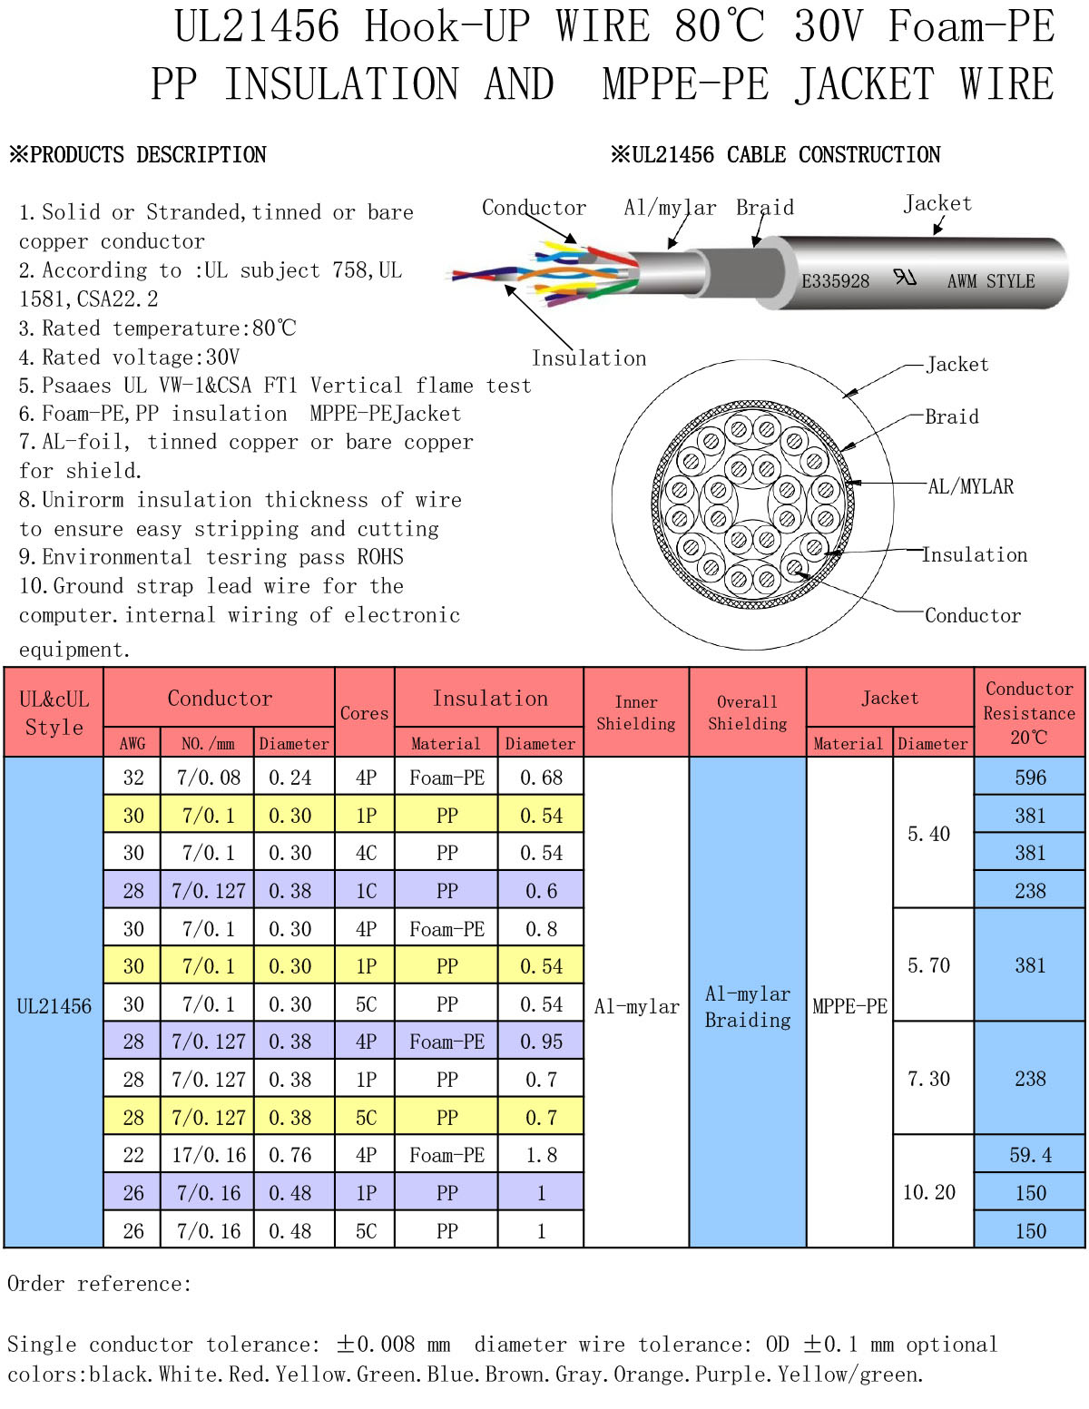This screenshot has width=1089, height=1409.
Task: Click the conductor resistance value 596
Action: click(x=1029, y=777)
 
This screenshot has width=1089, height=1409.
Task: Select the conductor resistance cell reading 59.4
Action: click(x=1029, y=1154)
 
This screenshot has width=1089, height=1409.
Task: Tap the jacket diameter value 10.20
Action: click(x=928, y=1192)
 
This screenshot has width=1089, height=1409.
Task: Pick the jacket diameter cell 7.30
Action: click(x=928, y=1079)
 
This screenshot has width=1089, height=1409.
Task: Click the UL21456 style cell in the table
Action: click(x=54, y=1005)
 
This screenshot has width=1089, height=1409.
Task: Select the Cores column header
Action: click(x=364, y=713)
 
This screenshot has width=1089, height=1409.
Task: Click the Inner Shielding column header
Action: click(x=635, y=712)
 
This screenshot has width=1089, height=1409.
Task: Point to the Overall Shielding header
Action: click(x=747, y=712)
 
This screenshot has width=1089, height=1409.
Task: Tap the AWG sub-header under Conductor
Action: click(x=132, y=743)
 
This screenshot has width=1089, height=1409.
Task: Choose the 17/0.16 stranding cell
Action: click(x=208, y=1155)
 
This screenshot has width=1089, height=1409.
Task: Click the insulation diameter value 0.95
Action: click(x=541, y=1042)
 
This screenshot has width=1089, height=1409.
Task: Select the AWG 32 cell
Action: click(x=133, y=777)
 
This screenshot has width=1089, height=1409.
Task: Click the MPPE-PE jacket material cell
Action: click(x=849, y=1005)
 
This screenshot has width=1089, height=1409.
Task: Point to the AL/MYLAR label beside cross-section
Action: click(x=970, y=486)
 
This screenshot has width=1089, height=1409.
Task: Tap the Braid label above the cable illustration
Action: click(x=765, y=208)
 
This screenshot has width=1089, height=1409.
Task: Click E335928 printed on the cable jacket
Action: click(x=836, y=280)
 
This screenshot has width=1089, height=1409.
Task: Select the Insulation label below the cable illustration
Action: click(x=589, y=358)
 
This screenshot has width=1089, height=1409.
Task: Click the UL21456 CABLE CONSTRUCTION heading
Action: click(x=776, y=154)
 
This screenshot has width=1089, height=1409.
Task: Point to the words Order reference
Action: click(x=99, y=1283)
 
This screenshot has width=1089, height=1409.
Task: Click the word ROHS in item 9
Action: click(x=380, y=557)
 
